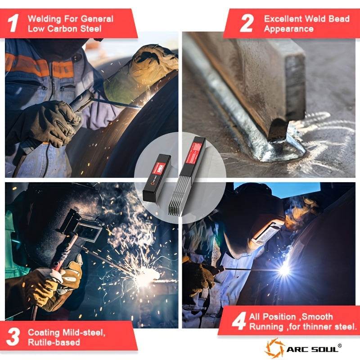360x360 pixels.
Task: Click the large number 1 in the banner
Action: [13, 23]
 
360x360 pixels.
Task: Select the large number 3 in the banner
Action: [13, 337]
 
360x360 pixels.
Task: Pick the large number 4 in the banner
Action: [239, 321]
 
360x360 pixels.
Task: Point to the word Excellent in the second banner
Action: [283, 18]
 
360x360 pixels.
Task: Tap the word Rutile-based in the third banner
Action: [54, 342]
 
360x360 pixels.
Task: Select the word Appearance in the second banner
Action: [288, 29]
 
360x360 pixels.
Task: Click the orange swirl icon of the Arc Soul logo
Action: [275, 348]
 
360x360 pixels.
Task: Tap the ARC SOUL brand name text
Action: [312, 350]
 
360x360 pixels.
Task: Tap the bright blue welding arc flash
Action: [284, 269]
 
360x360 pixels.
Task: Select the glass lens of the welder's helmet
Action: [88, 232]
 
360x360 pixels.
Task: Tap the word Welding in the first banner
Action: [44, 18]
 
